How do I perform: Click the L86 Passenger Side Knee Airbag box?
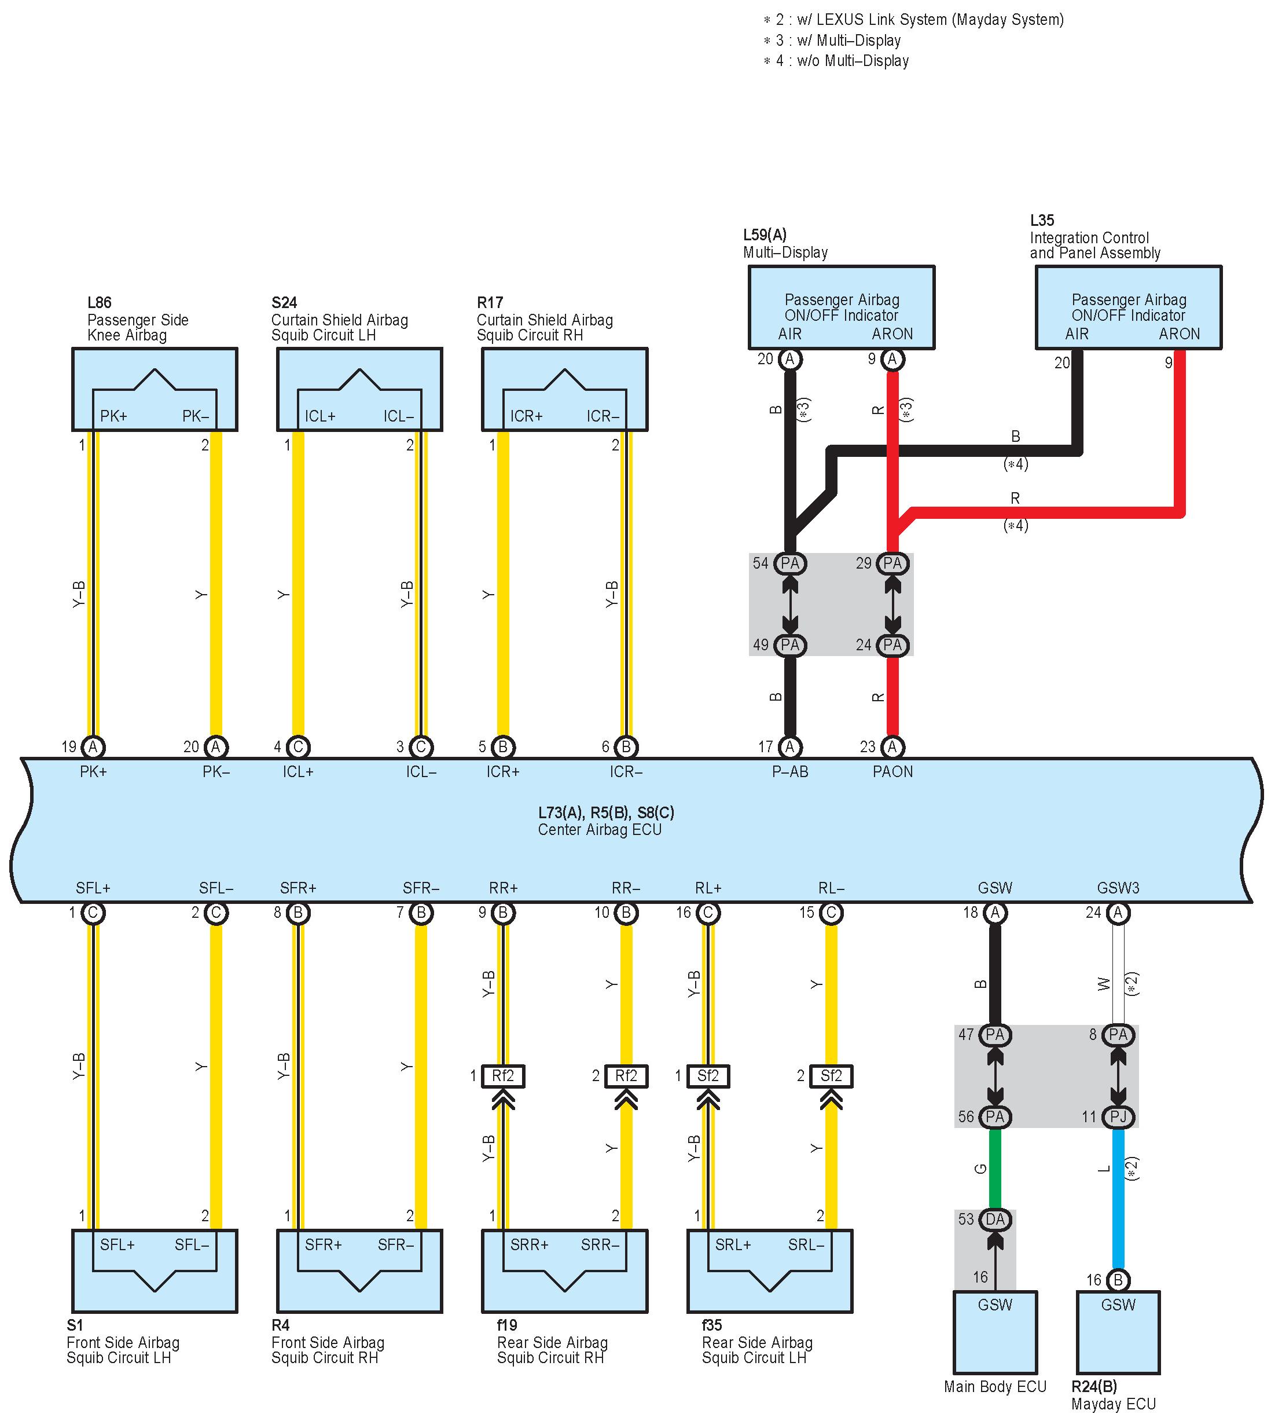pos(155,389)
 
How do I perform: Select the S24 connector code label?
pos(284,302)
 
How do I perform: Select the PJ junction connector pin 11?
pos(1118,1116)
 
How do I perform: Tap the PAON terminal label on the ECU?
pos(892,771)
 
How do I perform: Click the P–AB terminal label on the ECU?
pos(790,771)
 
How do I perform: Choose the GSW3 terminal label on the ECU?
pos(1118,888)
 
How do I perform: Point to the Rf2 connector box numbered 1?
pos(503,1076)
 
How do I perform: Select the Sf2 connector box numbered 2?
pos(831,1076)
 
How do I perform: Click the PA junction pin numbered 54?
pos(790,563)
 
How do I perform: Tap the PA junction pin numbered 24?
pos(892,645)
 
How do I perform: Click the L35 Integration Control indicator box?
pos(1129,307)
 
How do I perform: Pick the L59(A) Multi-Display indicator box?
pos(842,307)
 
